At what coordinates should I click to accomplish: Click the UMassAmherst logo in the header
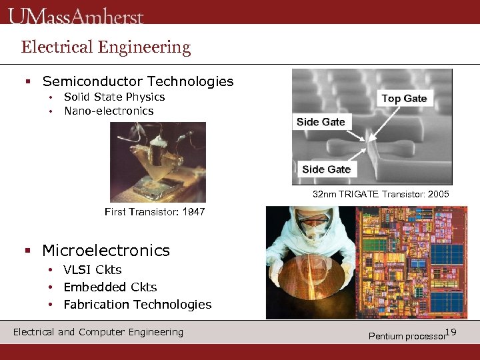pyautogui.click(x=76, y=16)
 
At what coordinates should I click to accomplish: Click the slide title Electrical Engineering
pyautogui.click(x=106, y=47)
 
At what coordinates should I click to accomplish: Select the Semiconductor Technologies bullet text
pyautogui.click(x=137, y=82)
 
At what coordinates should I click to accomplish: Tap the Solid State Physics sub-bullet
pyautogui.click(x=114, y=97)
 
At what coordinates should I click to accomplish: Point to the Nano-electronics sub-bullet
pyautogui.click(x=109, y=111)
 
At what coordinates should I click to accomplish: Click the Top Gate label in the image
pyautogui.click(x=404, y=99)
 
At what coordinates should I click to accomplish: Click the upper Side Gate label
pyautogui.click(x=321, y=122)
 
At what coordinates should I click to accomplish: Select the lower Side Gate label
pyautogui.click(x=326, y=169)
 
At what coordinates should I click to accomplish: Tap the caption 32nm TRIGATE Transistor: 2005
pyautogui.click(x=381, y=195)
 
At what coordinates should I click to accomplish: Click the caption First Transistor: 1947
pyautogui.click(x=155, y=212)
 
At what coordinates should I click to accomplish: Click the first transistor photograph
pyautogui.click(x=158, y=162)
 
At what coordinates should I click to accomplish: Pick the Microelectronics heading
pyautogui.click(x=106, y=251)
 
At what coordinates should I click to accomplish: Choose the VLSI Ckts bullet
pyautogui.click(x=93, y=270)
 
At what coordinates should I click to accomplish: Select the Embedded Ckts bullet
pyautogui.click(x=110, y=287)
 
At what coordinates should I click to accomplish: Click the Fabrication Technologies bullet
pyautogui.click(x=137, y=305)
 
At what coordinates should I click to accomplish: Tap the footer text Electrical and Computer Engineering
pyautogui.click(x=98, y=332)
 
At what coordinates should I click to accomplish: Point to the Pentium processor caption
pyautogui.click(x=406, y=336)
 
